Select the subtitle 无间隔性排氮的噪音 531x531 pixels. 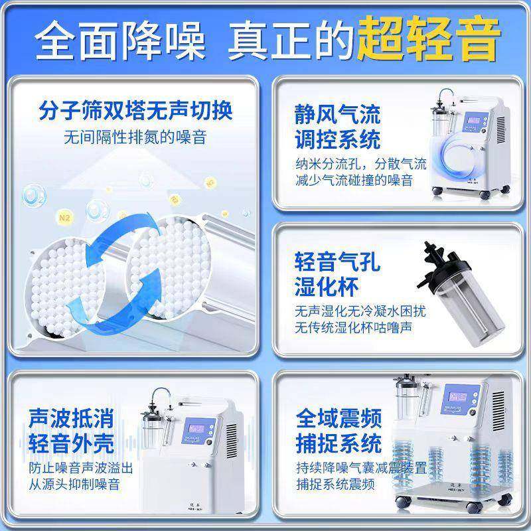[x=135, y=137]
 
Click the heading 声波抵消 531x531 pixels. [x=71, y=418]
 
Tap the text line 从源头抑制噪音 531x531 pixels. [x=74, y=484]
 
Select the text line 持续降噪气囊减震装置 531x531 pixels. [x=361, y=467]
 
